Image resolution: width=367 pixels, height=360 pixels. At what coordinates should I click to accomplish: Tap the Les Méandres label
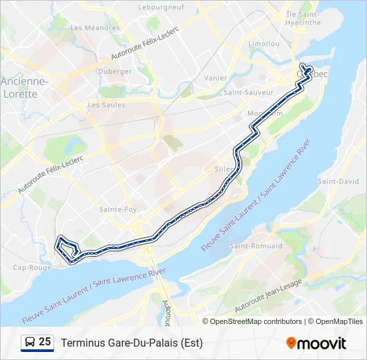coord(95,28)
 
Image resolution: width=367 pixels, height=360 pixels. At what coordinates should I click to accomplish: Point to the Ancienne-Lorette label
coord(24,87)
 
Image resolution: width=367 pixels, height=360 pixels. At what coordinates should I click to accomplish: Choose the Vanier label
coord(216,78)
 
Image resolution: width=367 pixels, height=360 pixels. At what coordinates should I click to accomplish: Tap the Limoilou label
coord(263,43)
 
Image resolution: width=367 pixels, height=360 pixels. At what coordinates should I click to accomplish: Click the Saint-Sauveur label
coord(249,93)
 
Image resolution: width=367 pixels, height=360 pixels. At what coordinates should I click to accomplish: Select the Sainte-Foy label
coord(117,209)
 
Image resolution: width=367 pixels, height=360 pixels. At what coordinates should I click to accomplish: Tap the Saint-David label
coord(338,181)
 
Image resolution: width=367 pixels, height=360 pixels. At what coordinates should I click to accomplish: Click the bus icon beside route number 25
coord(30,342)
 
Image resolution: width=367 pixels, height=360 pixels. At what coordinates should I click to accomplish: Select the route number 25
coord(45,342)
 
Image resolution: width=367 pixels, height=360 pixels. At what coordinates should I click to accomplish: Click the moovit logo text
coord(322,343)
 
